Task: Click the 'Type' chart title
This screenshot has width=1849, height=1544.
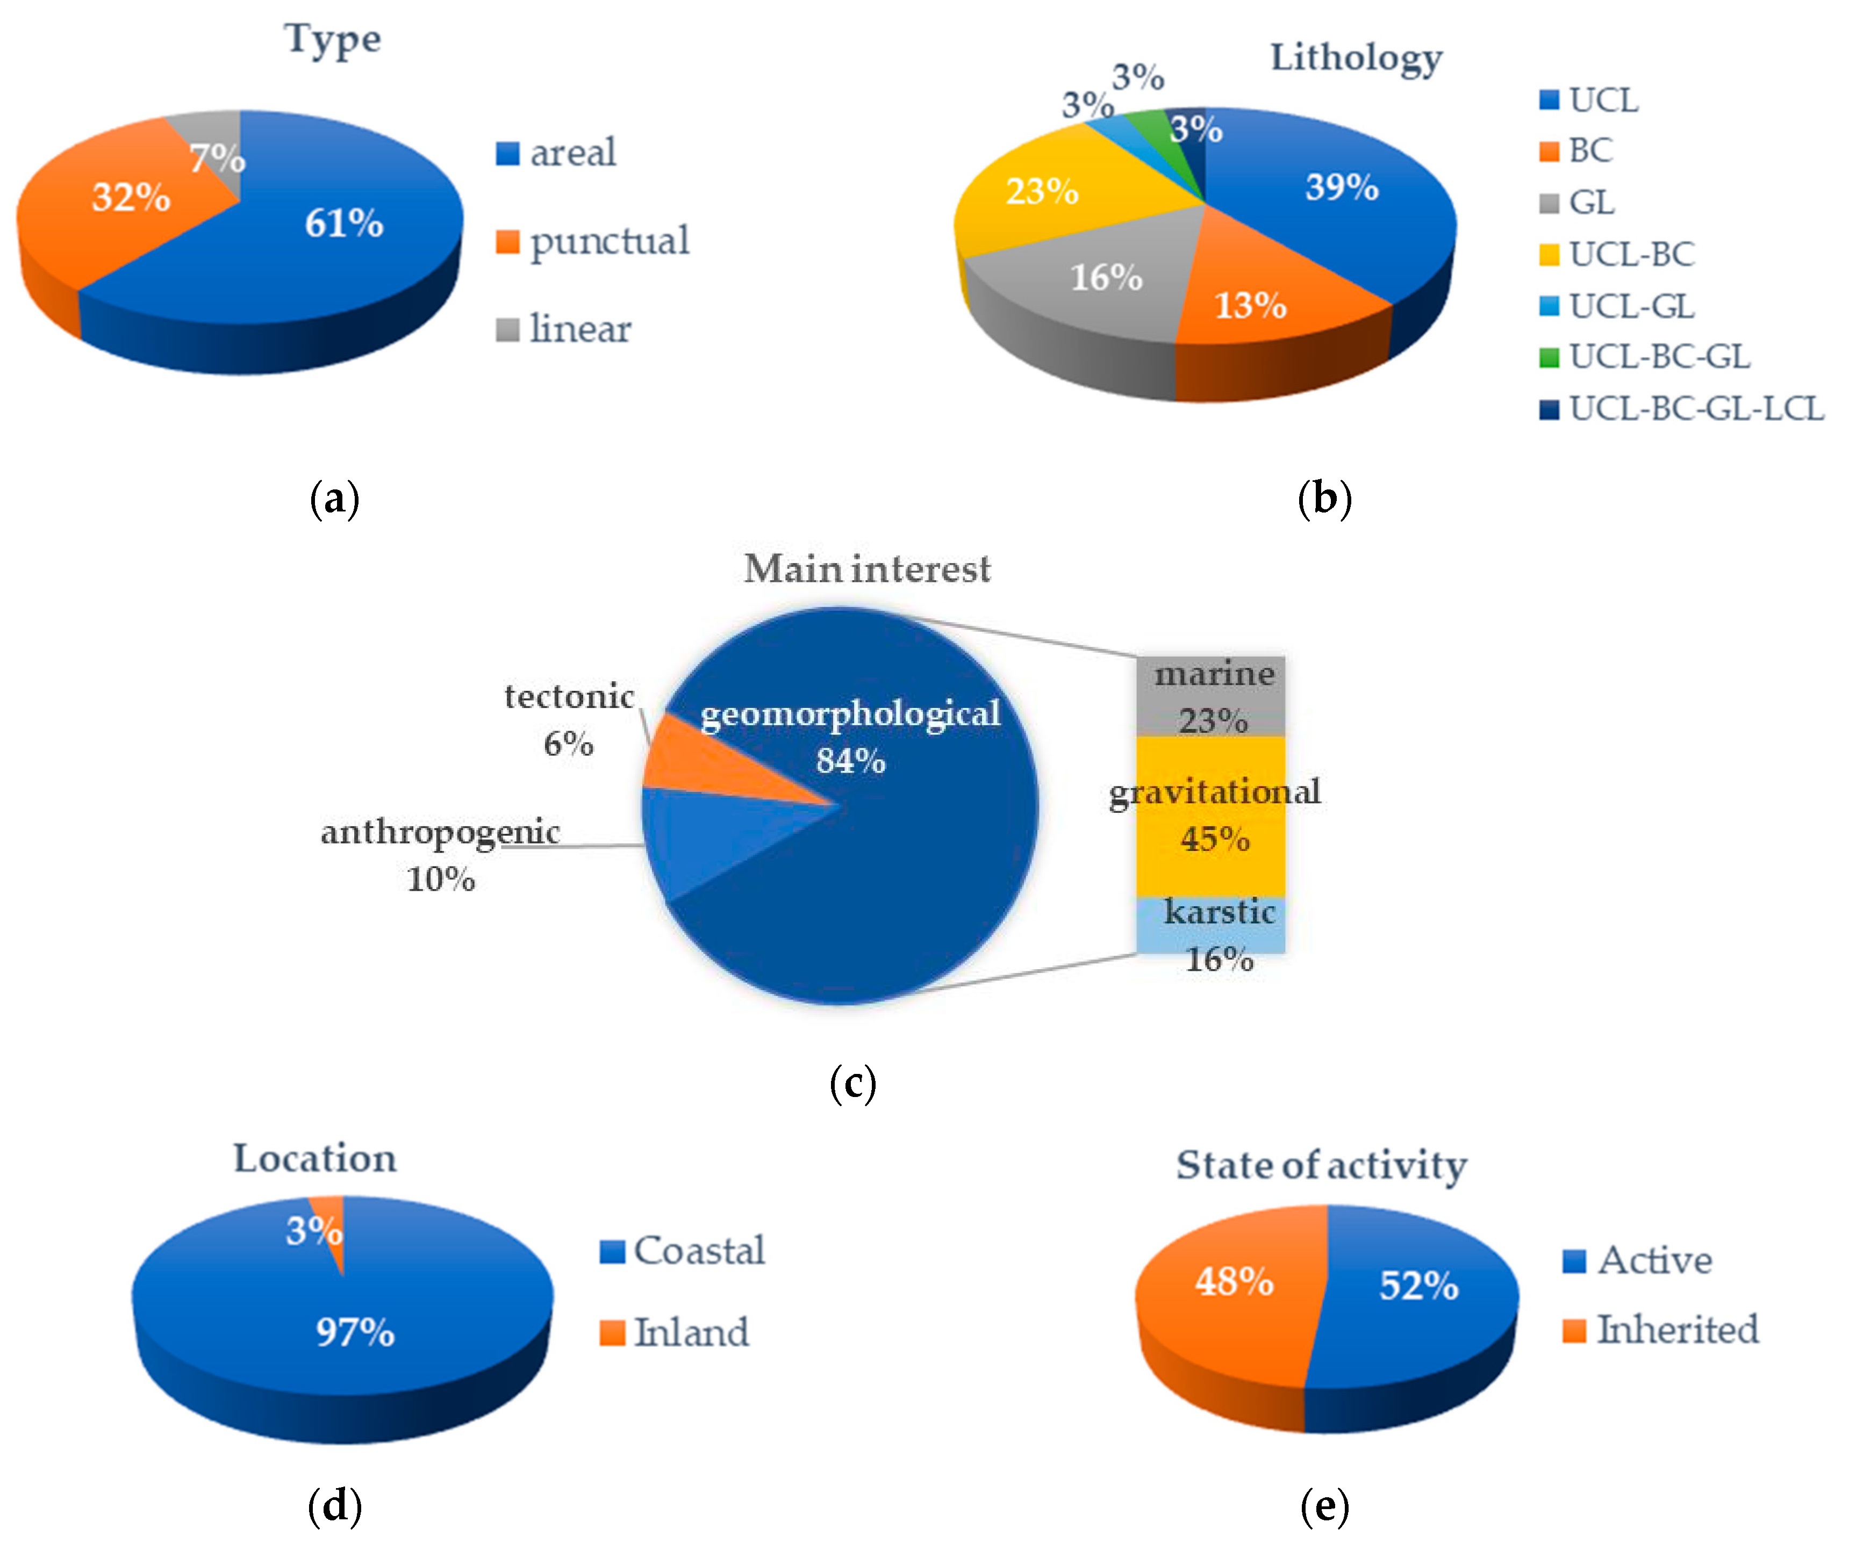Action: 332,40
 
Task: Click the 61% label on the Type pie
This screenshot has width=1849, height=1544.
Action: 343,223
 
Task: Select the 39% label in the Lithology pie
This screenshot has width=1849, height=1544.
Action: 1341,186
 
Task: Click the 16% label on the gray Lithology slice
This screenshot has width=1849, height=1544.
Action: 1106,277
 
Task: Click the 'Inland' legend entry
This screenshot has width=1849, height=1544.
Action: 691,1332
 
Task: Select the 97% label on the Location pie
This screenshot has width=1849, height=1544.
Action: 355,1332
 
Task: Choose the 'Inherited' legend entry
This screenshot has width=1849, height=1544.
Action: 1678,1329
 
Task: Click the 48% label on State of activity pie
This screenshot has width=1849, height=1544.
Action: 1234,1282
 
